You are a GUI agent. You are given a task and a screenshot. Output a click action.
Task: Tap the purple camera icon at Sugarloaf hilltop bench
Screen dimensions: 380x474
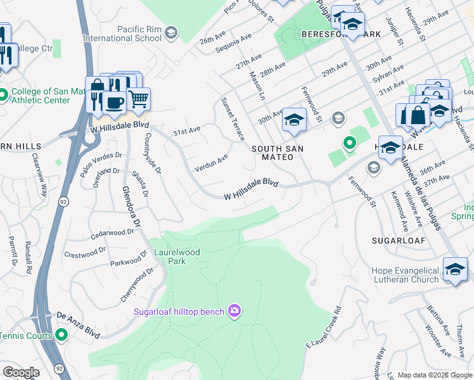(235, 310)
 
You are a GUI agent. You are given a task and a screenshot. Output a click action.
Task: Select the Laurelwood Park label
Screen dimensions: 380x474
(177, 256)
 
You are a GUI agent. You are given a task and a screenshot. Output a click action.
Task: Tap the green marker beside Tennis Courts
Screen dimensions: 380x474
(61, 334)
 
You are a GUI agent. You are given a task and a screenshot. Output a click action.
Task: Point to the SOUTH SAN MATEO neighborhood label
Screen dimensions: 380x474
(278, 153)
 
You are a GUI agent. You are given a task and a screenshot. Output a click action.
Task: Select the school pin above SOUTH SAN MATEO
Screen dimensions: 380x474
(293, 120)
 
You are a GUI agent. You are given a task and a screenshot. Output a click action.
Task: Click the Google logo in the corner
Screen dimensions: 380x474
(20, 372)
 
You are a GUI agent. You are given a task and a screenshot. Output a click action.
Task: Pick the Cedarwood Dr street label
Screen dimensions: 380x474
(112, 233)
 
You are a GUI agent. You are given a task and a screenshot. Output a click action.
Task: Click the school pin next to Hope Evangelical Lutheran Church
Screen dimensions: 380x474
(455, 269)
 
